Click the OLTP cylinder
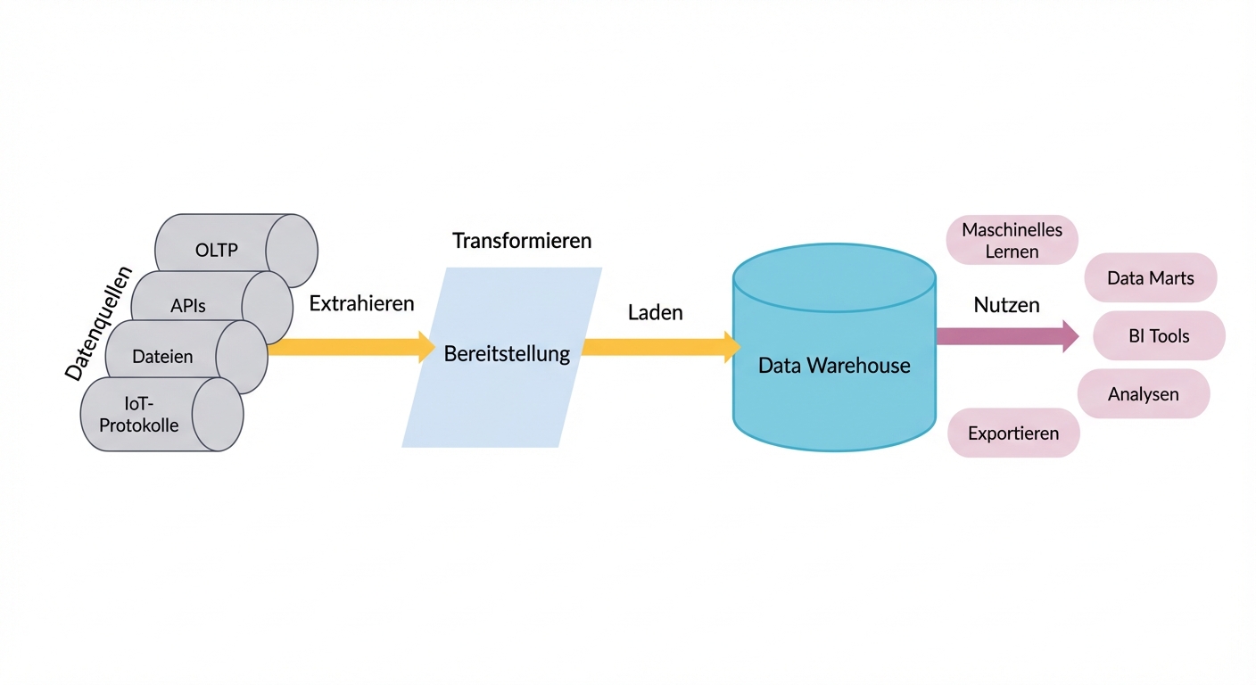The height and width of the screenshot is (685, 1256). pyautogui.click(x=218, y=250)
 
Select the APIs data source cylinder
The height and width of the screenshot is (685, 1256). pyautogui.click(x=188, y=306)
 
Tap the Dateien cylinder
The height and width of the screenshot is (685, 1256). pyautogui.click(x=162, y=357)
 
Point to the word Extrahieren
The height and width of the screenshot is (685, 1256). pyautogui.click(x=361, y=303)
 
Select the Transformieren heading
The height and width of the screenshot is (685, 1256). pyautogui.click(x=522, y=241)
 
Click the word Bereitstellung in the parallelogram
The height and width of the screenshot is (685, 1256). pyautogui.click(x=507, y=354)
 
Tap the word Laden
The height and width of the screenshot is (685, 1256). pyautogui.click(x=655, y=312)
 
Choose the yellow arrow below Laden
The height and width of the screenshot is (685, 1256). pyautogui.click(x=661, y=347)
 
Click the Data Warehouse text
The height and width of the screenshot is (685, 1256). pyautogui.click(x=834, y=365)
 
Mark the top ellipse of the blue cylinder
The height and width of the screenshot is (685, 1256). pyautogui.click(x=834, y=277)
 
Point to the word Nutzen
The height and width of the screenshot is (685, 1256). pyautogui.click(x=1006, y=305)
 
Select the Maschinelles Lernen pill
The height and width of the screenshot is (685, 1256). pyautogui.click(x=1012, y=240)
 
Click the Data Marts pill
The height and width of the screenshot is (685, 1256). pyautogui.click(x=1150, y=278)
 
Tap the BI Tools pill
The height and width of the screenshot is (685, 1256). pyautogui.click(x=1159, y=336)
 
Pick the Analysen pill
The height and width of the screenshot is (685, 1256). pyautogui.click(x=1143, y=394)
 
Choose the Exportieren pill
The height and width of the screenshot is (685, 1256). pyautogui.click(x=1013, y=433)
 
